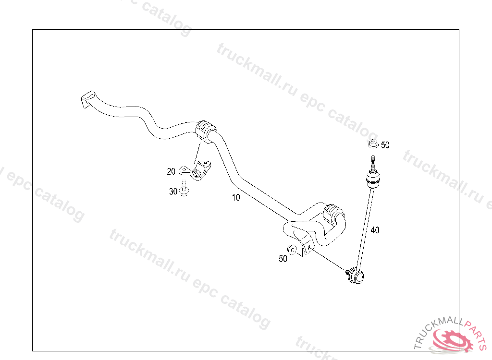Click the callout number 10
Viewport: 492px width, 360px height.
coord(235,197)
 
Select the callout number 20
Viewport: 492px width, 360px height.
coord(171,171)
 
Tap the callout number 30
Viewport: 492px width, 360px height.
coord(173,192)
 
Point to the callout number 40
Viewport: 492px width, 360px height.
coord(375,230)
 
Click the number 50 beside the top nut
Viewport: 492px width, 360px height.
coord(385,145)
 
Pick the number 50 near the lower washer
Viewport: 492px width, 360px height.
coord(283,259)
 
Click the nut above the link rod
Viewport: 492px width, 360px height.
coord(372,143)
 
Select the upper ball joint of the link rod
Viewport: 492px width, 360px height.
coord(373,181)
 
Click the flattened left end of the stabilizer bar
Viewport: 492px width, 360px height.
coord(87,99)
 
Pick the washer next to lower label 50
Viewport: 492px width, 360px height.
coord(292,250)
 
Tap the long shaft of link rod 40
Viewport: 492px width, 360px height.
coord(366,226)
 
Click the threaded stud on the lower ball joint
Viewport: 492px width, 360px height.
coord(348,272)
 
